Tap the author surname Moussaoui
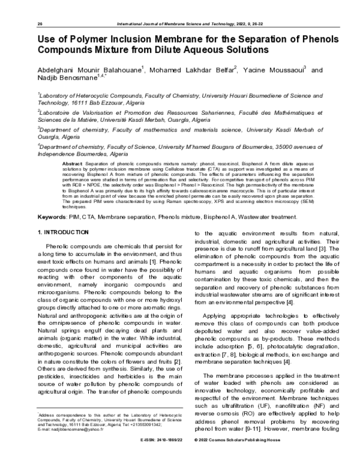tap(281, 70)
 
